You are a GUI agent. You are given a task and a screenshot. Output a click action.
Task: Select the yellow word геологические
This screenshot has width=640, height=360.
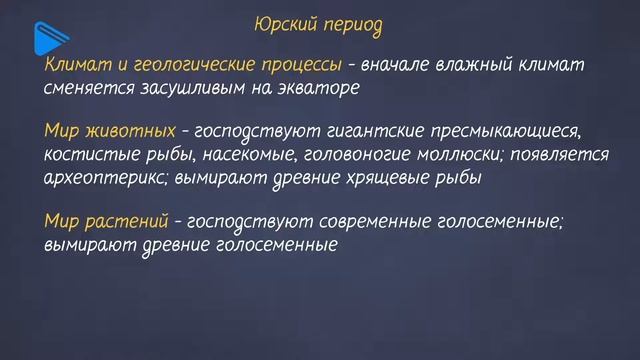185,65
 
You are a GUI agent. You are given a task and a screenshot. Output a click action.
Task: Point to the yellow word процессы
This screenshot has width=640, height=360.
294,65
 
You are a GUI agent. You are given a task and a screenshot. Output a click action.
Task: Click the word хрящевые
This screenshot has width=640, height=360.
367,178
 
